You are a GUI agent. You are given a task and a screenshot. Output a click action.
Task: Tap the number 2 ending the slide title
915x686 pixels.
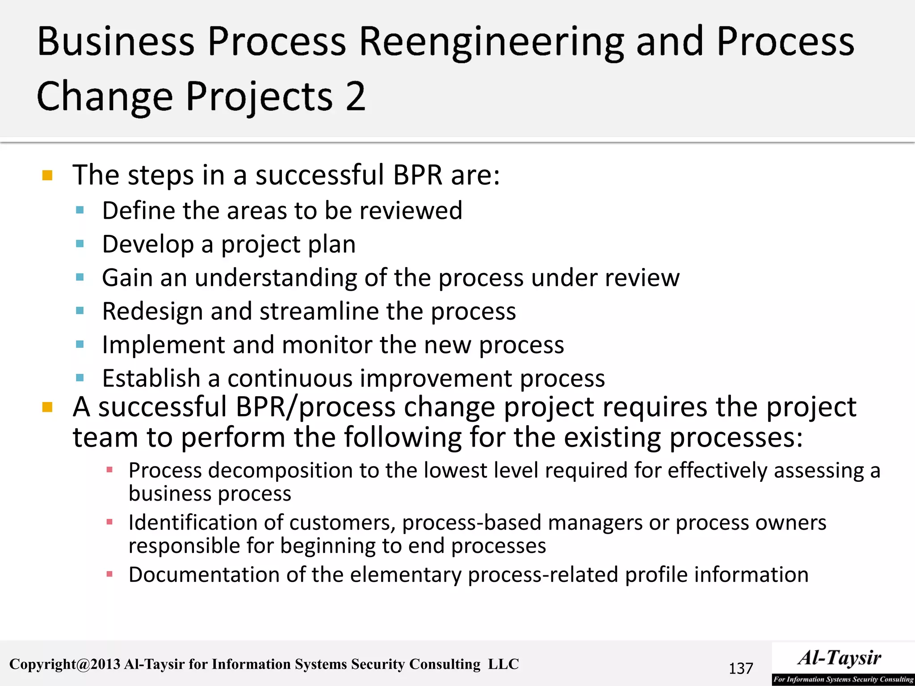tap(355, 96)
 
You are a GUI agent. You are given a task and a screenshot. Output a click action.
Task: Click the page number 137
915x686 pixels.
tap(741, 669)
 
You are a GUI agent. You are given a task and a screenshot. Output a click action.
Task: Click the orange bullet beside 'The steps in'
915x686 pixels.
tap(47, 175)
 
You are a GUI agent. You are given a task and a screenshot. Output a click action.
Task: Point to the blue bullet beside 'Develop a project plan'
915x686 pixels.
tap(80, 244)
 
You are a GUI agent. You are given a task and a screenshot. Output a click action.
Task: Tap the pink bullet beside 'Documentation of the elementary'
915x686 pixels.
tap(109, 574)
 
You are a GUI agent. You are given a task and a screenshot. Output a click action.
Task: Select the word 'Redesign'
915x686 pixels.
tap(152, 312)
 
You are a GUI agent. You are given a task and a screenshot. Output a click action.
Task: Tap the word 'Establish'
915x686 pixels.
tap(151, 378)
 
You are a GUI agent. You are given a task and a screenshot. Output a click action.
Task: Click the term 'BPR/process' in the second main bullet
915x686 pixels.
tap(315, 407)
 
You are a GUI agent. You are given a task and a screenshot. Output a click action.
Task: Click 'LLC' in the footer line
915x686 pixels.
tap(503, 664)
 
